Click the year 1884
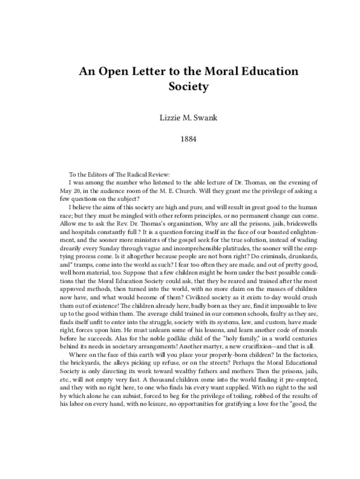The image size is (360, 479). pos(180,140)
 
